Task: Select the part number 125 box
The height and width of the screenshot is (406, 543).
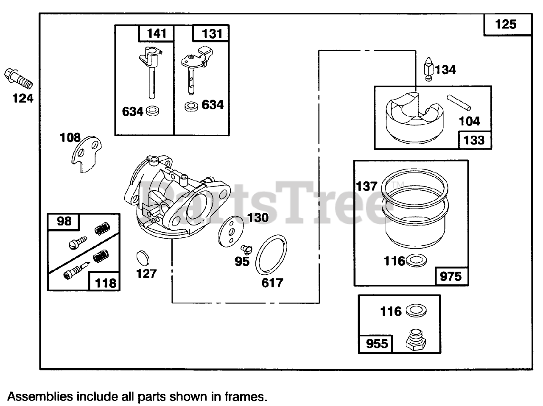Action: (507, 24)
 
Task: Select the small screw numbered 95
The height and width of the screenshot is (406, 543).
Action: (245, 248)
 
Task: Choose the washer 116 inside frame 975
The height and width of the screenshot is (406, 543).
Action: (417, 261)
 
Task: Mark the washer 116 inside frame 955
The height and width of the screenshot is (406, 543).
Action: (416, 311)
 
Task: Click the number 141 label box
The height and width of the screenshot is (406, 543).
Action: (157, 33)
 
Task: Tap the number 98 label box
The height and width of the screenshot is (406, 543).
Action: (64, 221)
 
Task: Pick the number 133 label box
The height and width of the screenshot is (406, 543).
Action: (474, 140)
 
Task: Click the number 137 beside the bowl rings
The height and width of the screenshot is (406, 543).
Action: (367, 186)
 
